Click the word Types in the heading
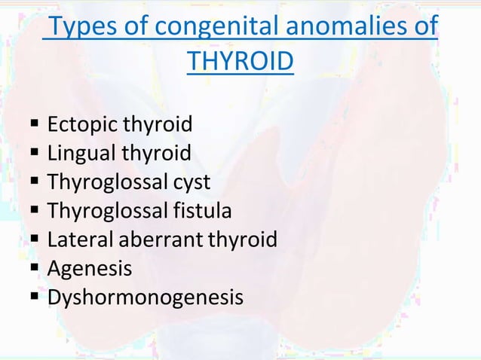[81, 29]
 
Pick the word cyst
[191, 182]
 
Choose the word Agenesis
[90, 269]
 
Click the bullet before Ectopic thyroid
[35, 124]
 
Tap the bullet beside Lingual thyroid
[35, 154]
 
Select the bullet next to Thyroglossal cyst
[35, 182]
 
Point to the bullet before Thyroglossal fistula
[35, 211]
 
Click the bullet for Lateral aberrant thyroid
[35, 239]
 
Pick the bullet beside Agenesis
[35, 268]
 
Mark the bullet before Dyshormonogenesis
[35, 297]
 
